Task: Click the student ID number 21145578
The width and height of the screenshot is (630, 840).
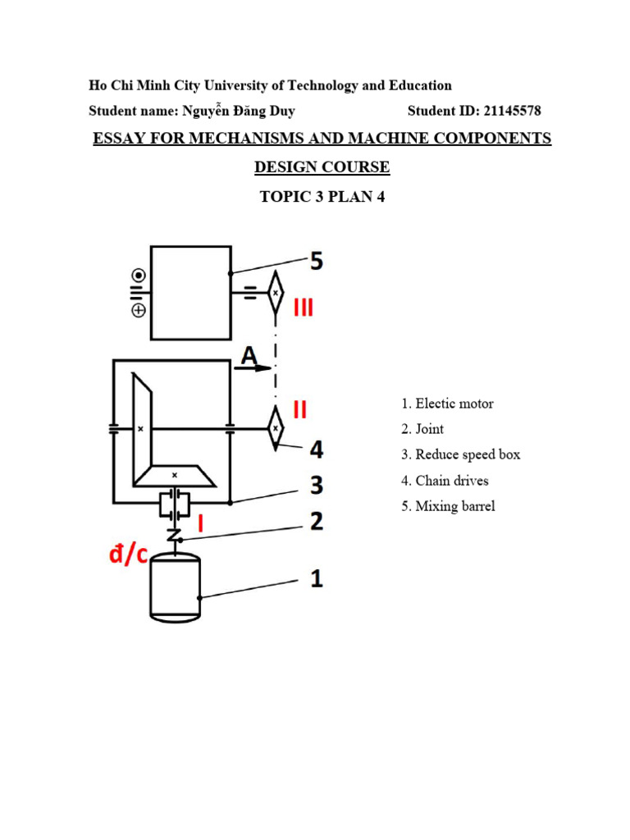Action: pos(508,111)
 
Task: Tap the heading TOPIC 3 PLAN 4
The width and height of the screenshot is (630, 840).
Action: pos(322,197)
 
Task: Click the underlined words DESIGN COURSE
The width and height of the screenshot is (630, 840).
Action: pos(322,167)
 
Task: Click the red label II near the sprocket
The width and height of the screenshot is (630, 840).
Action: pos(300,409)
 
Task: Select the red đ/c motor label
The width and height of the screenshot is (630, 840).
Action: pos(129,555)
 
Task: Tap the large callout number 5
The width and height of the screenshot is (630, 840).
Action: pos(316,262)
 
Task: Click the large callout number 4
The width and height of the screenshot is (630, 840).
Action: pos(316,449)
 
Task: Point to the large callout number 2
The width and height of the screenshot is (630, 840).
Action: pos(316,522)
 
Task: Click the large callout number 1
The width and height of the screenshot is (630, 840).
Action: pos(316,579)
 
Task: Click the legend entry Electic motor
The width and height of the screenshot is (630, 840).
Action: pos(448,404)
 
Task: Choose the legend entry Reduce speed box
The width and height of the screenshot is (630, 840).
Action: pos(460,454)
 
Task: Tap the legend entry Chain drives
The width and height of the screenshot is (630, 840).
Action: pos(445,481)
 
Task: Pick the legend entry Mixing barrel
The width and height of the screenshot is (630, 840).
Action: pos(448,506)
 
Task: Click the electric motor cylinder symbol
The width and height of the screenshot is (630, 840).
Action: pos(175,588)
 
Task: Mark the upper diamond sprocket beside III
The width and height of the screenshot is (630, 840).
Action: pos(276,292)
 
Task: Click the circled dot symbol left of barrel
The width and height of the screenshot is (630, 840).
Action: pos(139,275)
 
